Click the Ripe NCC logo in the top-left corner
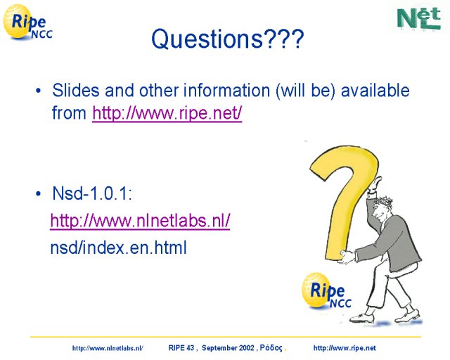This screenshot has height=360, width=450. click(27, 22)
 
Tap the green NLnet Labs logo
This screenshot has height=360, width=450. click(419, 18)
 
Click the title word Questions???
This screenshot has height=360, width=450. click(227, 39)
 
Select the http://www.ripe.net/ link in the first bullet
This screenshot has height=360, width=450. click(167, 113)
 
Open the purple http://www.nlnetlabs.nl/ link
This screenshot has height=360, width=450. click(140, 221)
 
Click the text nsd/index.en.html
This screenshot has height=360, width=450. click(119, 247)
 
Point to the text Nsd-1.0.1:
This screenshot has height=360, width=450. click(92, 193)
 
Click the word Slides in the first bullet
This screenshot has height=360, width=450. click(76, 91)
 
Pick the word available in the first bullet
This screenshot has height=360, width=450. click(375, 91)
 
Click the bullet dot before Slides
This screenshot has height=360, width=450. click(39, 91)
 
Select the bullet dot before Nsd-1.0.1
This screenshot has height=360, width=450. click(39, 194)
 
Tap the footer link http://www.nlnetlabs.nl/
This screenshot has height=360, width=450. click(108, 348)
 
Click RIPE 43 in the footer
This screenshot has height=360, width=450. click(181, 348)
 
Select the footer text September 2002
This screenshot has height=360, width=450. click(228, 348)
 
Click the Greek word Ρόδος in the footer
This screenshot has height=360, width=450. click(271, 348)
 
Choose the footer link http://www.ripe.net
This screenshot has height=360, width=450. click(345, 348)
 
